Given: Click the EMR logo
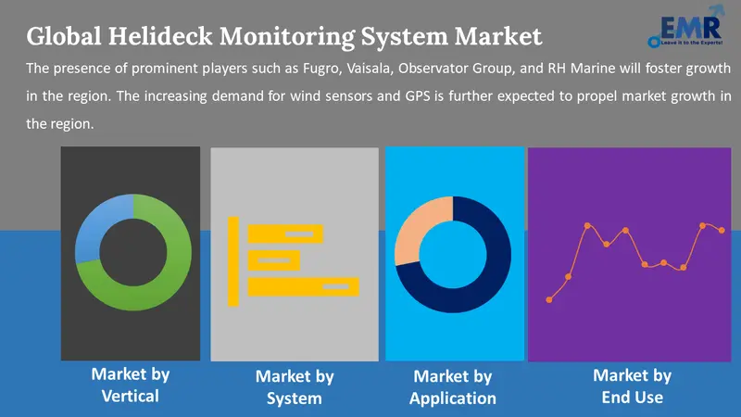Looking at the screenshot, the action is click(x=686, y=27).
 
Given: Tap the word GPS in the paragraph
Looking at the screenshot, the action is click(x=418, y=96).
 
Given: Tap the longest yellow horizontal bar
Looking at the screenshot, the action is click(x=304, y=287).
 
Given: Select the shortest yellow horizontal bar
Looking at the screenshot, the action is click(x=274, y=260).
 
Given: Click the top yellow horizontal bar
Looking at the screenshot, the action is click(x=285, y=234).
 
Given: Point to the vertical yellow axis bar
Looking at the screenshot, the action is click(x=233, y=261).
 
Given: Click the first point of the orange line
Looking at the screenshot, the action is click(x=549, y=299).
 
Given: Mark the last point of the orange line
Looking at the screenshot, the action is click(x=722, y=230).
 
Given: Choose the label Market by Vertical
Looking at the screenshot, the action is click(x=131, y=385).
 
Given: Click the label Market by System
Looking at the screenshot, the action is click(x=295, y=387).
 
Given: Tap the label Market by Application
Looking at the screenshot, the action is click(x=453, y=387).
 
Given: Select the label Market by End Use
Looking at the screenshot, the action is click(x=633, y=386).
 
